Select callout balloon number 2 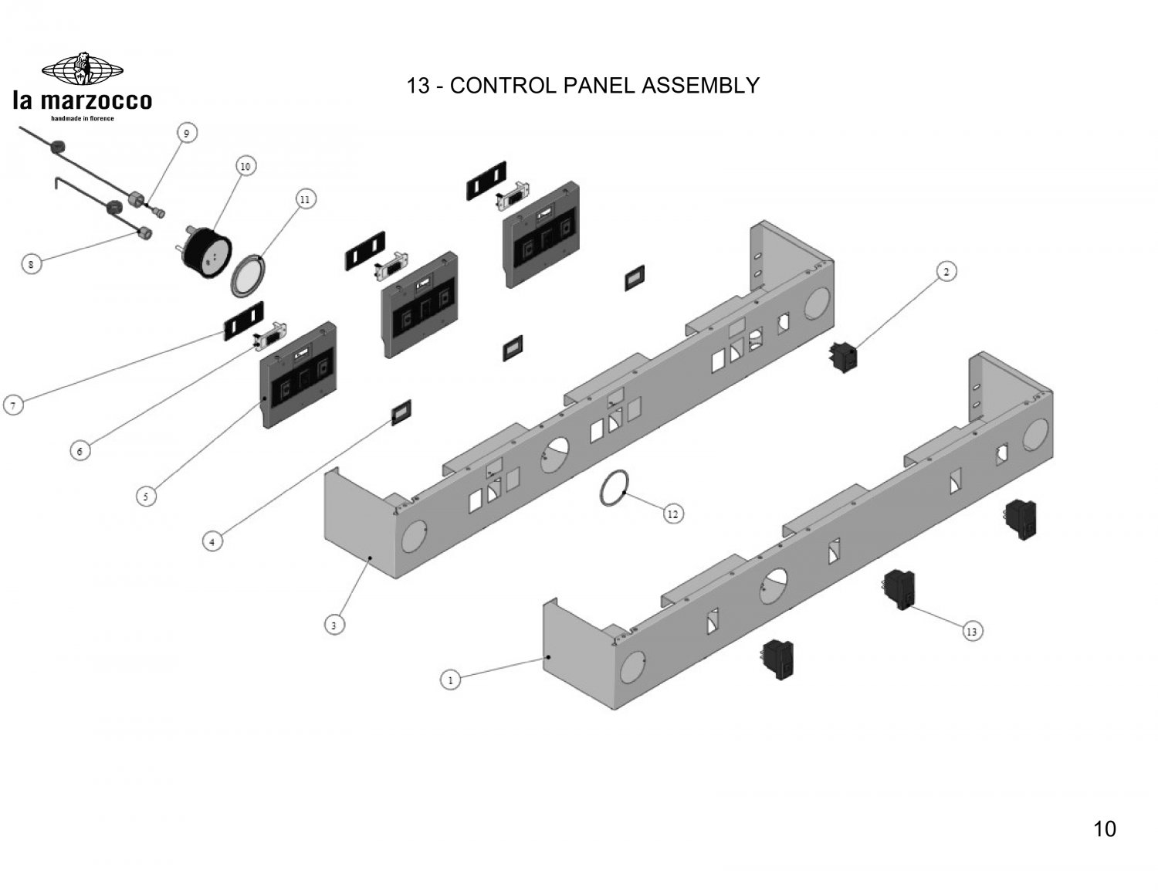click(x=946, y=271)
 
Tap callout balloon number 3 click(x=334, y=625)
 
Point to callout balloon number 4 click(x=212, y=542)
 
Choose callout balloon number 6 click(x=80, y=450)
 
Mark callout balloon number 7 click(x=13, y=405)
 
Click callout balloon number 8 click(x=30, y=264)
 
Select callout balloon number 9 click(x=186, y=133)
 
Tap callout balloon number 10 click(x=245, y=166)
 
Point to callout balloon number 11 click(x=305, y=199)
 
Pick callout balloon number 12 click(x=672, y=514)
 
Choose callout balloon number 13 click(x=972, y=632)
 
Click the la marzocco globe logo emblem click(x=83, y=71)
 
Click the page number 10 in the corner click(x=1105, y=829)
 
